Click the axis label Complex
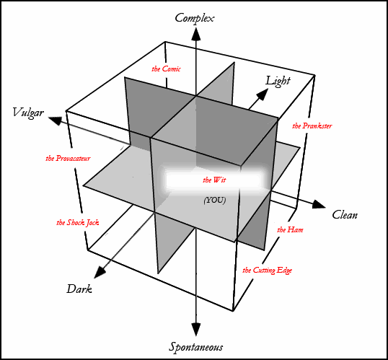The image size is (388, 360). pyautogui.click(x=194, y=19)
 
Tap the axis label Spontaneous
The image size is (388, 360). pyautogui.click(x=195, y=347)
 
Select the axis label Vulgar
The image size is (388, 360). pyautogui.click(x=28, y=113)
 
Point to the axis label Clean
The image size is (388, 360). pyautogui.click(x=345, y=215)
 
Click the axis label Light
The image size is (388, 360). pyautogui.click(x=278, y=82)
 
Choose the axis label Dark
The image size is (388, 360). pyautogui.click(x=79, y=289)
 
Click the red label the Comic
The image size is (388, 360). pyautogui.click(x=166, y=69)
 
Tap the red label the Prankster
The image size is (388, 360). pyautogui.click(x=312, y=126)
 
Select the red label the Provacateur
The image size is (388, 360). pyautogui.click(x=68, y=158)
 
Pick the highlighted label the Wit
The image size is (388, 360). pyautogui.click(x=214, y=180)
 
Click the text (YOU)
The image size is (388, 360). pyautogui.click(x=214, y=200)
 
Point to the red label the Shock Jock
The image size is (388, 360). pyautogui.click(x=78, y=223)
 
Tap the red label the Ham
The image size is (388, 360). pyautogui.click(x=290, y=229)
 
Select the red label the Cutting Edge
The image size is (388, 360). pyautogui.click(x=267, y=270)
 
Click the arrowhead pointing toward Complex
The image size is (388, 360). pyautogui.click(x=195, y=34)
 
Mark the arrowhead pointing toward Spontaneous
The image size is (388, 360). pyautogui.click(x=195, y=330)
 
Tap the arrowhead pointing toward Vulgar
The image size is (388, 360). pyautogui.click(x=55, y=120)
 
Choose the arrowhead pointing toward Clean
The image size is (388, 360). pyautogui.click(x=319, y=204)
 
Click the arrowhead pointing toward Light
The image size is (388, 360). pyautogui.click(x=263, y=95)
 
